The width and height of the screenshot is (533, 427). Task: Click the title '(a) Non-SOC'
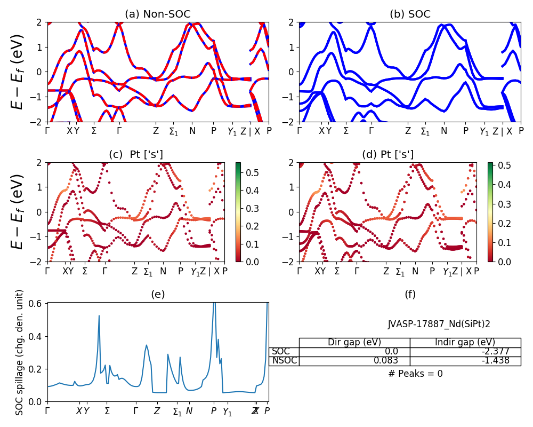(x=158, y=14)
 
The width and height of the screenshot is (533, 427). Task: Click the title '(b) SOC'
(x=410, y=14)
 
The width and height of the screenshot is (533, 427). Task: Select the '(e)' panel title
(x=158, y=294)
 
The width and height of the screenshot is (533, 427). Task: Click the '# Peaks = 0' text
(x=415, y=374)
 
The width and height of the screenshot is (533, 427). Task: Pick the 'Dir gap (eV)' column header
(x=354, y=343)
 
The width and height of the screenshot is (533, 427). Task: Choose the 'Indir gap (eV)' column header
(x=465, y=343)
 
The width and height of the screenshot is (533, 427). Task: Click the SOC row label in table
(x=281, y=352)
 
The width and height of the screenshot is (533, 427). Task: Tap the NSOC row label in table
(x=284, y=361)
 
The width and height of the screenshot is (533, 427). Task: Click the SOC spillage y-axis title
(x=20, y=352)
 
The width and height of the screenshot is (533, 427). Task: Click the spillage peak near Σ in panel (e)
(x=99, y=316)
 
